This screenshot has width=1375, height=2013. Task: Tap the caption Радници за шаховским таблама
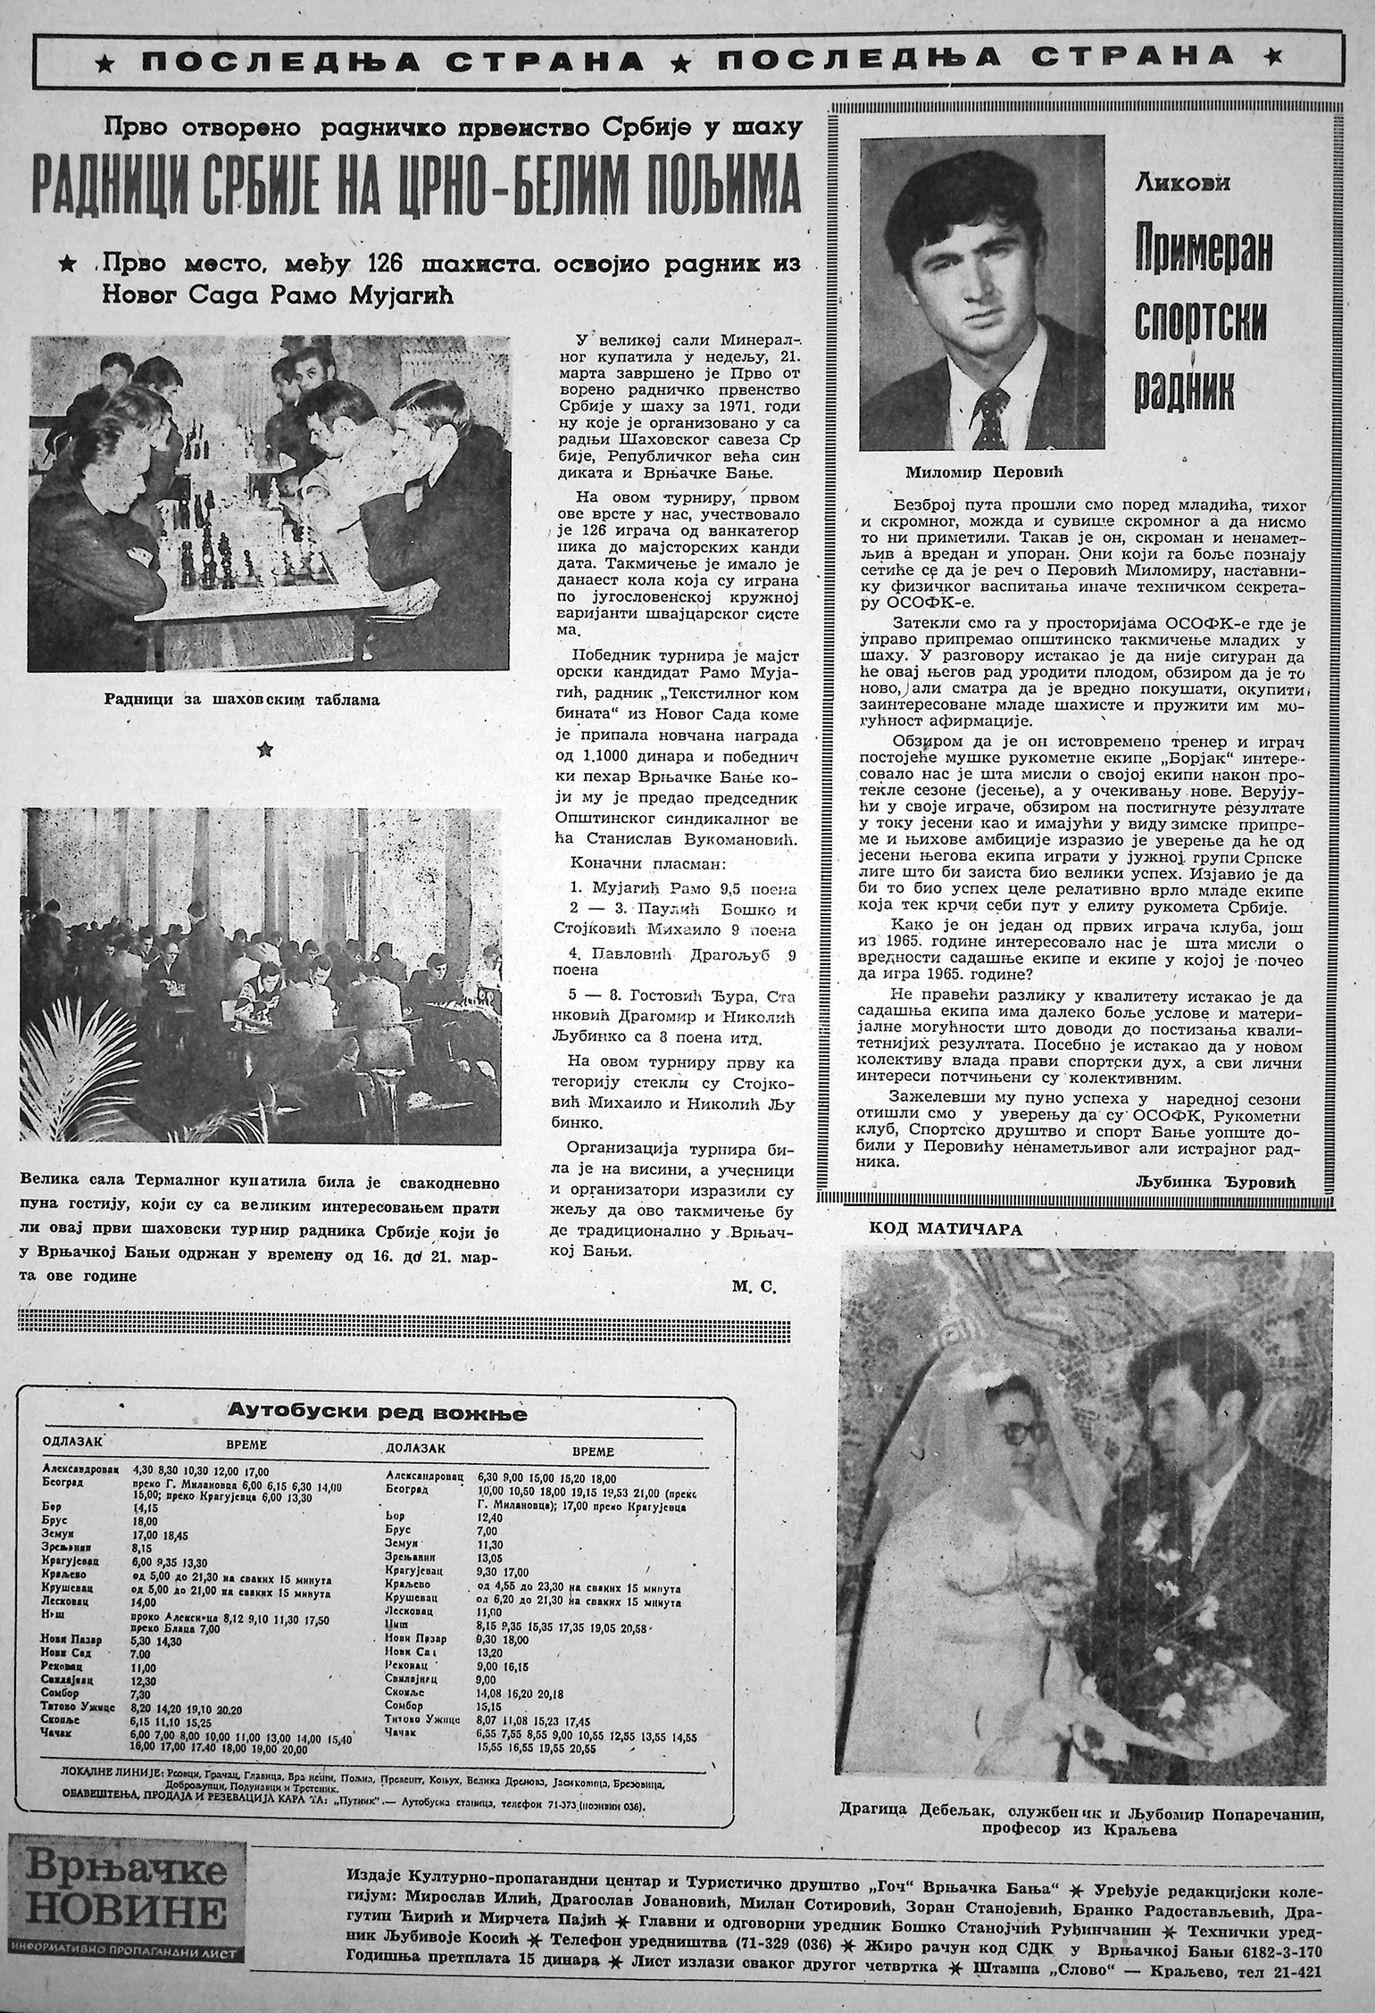click(240, 701)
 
